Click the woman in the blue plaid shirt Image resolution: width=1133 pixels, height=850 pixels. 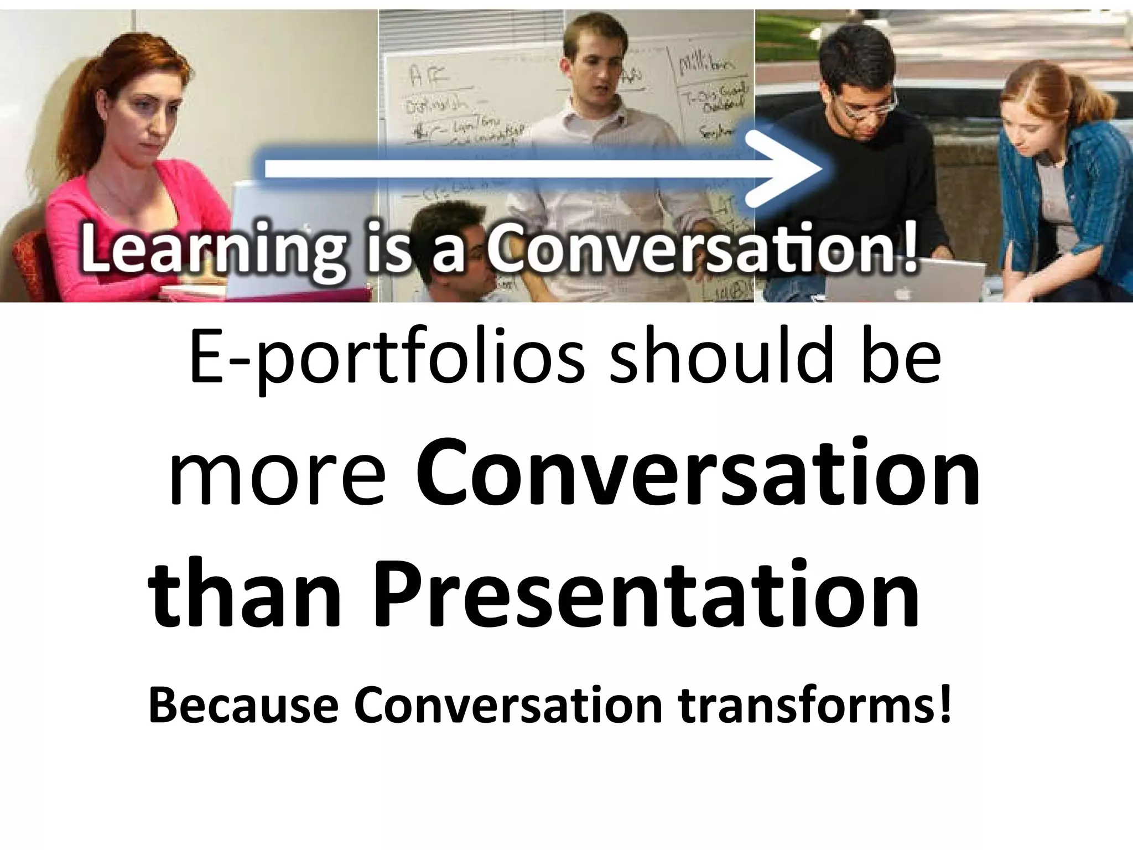coord(1046,183)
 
